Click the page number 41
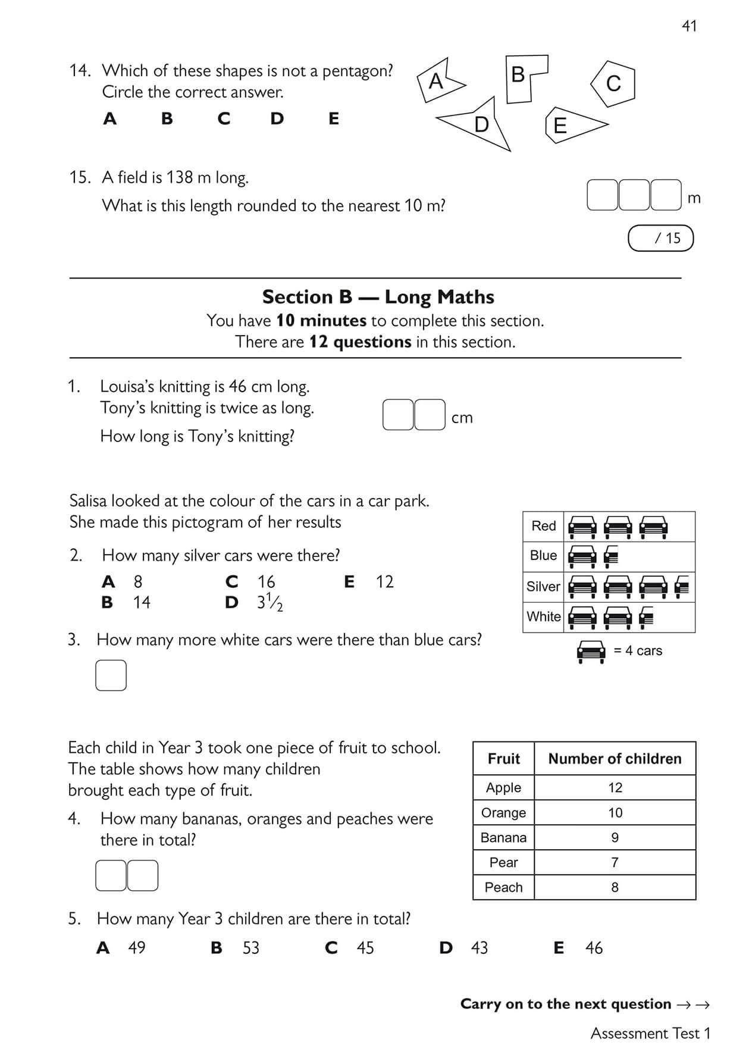click(689, 26)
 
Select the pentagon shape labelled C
click(613, 83)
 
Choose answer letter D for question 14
click(277, 119)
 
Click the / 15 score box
click(660, 238)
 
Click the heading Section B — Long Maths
click(378, 297)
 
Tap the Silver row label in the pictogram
click(543, 587)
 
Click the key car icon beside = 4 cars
click(591, 652)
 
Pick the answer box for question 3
click(111, 675)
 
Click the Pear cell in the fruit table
click(503, 862)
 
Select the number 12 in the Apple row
click(615, 788)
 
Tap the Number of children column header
click(615, 759)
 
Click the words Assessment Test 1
click(650, 1034)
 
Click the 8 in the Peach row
click(615, 887)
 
